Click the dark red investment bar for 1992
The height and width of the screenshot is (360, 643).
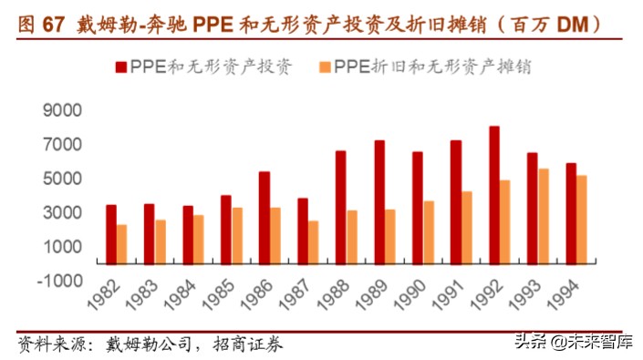click(x=493, y=194)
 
